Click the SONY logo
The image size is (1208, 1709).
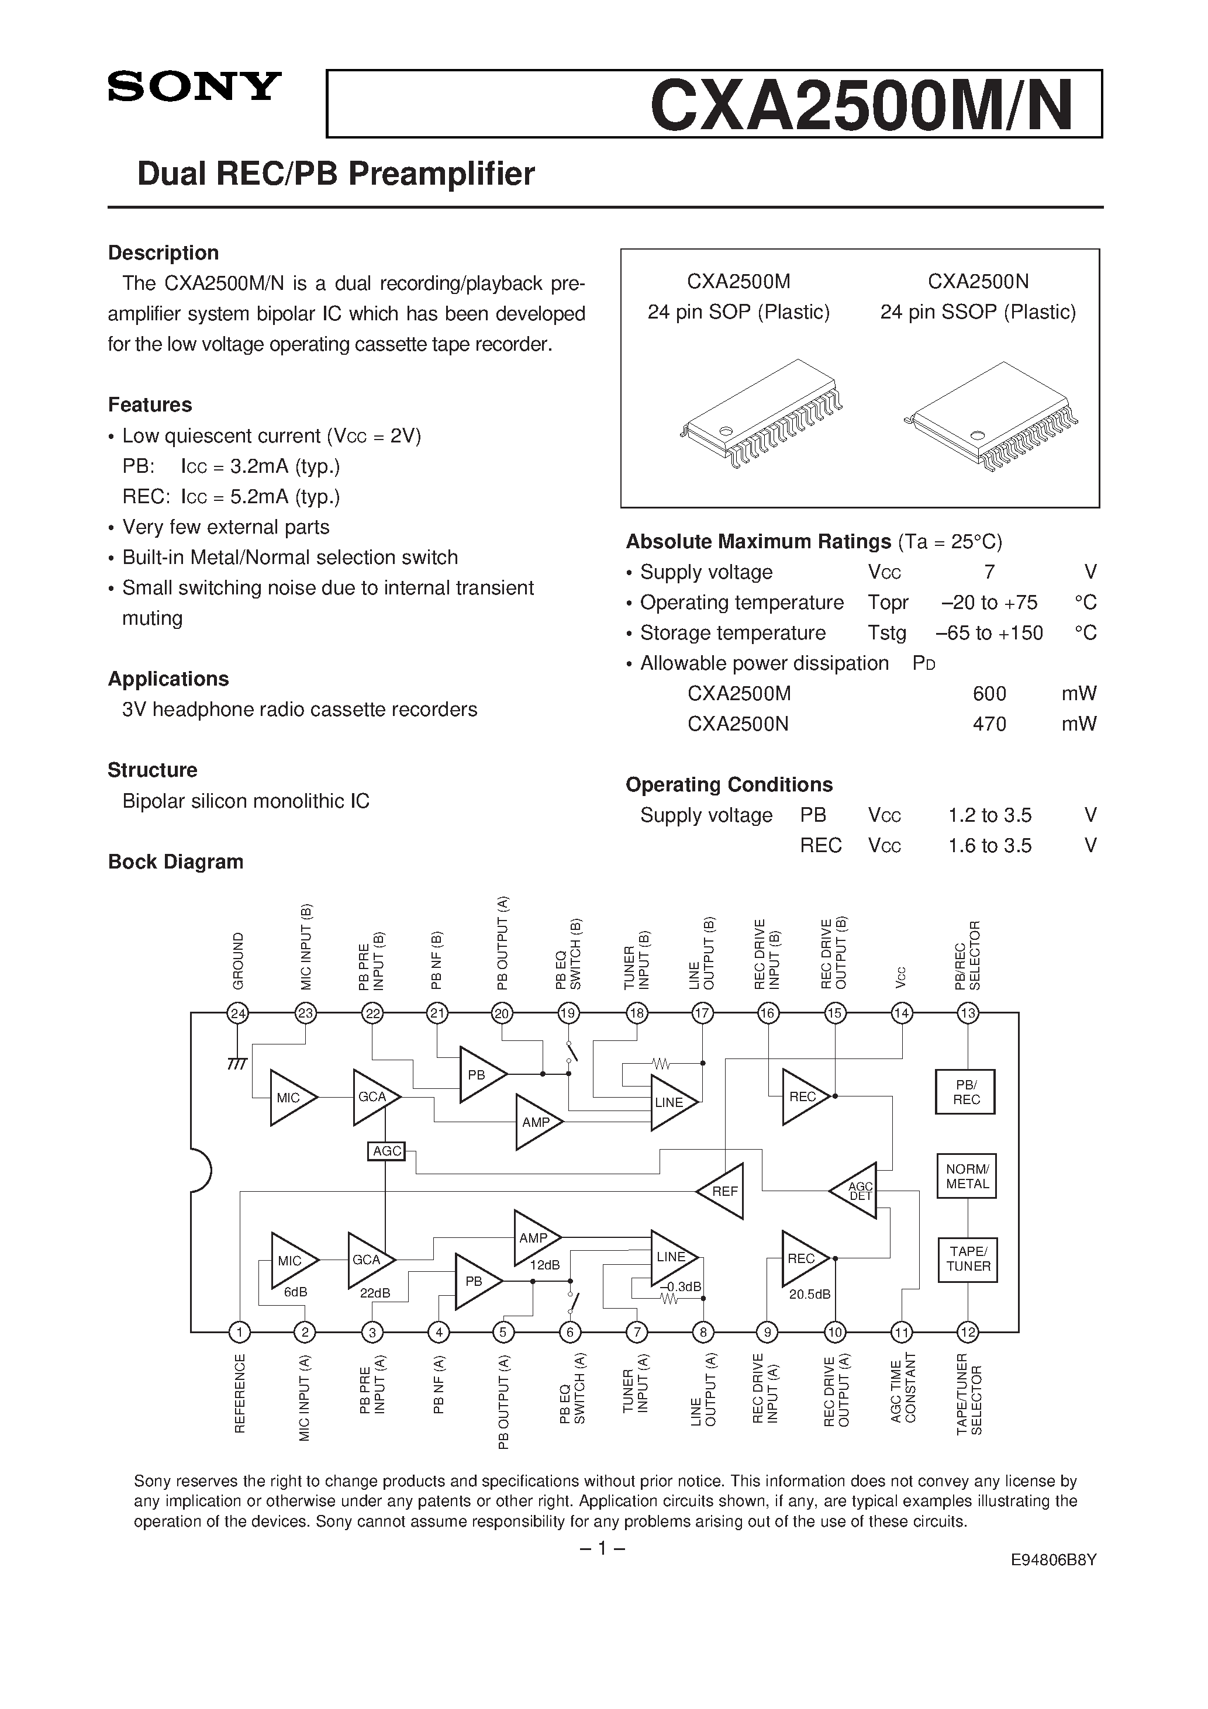(x=194, y=87)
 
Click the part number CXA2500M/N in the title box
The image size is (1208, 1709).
(x=862, y=106)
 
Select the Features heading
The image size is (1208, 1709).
(x=150, y=405)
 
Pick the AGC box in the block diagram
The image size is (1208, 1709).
(x=386, y=1151)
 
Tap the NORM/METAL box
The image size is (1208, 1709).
(x=967, y=1176)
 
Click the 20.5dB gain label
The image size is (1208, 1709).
(x=810, y=1295)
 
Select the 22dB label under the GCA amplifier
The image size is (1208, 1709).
(x=375, y=1293)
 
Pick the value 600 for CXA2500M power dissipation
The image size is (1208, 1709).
(x=989, y=694)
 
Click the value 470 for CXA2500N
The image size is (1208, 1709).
(x=989, y=724)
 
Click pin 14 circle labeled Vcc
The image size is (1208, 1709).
(x=902, y=1013)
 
